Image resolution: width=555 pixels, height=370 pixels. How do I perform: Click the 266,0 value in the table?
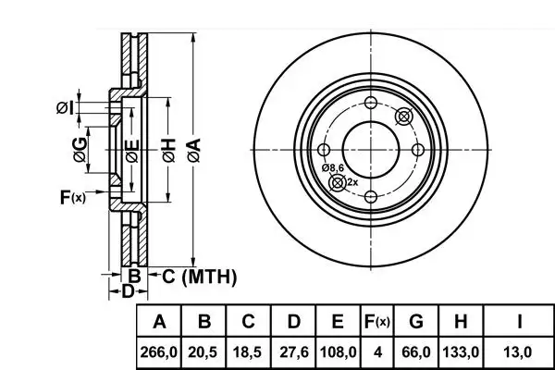(x=158, y=352)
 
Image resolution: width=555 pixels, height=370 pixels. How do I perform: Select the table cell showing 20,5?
(x=203, y=352)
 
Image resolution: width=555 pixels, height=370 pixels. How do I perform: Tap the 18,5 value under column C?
(x=247, y=352)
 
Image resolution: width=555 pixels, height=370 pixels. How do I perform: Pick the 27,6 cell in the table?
(x=294, y=352)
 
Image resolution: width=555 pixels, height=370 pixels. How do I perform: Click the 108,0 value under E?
(x=338, y=352)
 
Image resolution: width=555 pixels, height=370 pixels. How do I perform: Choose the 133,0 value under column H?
(x=461, y=352)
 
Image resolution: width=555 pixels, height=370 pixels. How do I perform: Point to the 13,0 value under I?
(x=517, y=352)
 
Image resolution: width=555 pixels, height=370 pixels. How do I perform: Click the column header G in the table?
(x=416, y=321)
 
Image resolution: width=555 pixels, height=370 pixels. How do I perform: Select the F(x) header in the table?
(x=377, y=322)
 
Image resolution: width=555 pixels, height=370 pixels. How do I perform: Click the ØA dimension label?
(x=194, y=150)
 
